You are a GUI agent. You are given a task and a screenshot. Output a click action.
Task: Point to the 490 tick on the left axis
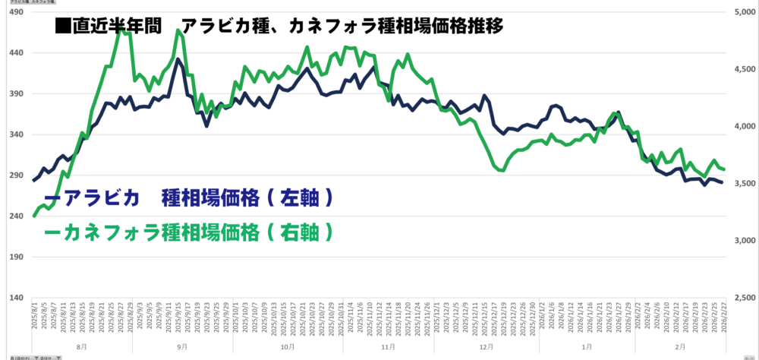(x=15, y=13)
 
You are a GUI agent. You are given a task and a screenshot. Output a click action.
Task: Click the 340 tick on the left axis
(x=15, y=135)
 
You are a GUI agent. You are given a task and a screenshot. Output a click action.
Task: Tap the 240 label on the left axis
(x=15, y=216)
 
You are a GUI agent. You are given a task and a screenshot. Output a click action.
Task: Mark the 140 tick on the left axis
(x=15, y=298)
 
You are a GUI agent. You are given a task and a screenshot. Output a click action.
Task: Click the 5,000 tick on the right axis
(x=742, y=13)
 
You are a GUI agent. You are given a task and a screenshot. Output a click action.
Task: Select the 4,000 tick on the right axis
(x=742, y=127)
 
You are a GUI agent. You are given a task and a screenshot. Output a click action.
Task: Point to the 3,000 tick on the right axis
(x=742, y=241)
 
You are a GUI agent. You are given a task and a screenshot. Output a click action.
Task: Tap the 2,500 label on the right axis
(x=742, y=298)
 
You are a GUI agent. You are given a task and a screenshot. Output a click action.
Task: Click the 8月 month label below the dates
(x=81, y=346)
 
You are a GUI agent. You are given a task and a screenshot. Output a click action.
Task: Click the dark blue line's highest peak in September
(x=178, y=58)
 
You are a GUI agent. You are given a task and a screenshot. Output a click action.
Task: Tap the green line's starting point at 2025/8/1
(x=35, y=216)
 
